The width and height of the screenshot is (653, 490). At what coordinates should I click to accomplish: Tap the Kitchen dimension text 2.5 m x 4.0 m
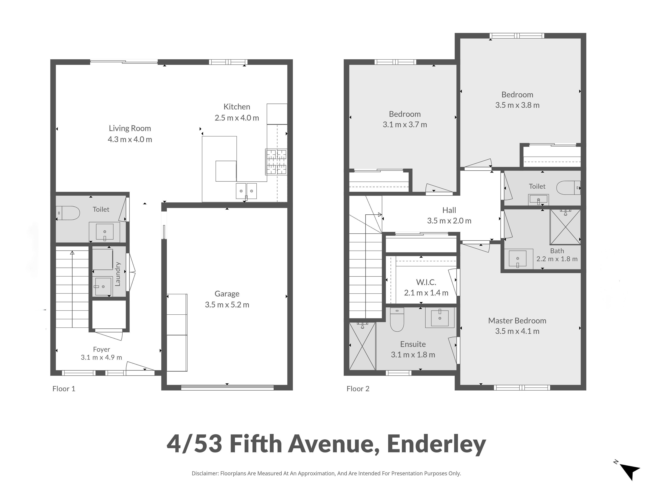coord(237,118)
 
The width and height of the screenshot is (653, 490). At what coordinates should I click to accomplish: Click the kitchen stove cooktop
coord(276,162)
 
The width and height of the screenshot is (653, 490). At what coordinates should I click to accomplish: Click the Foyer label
coord(102,349)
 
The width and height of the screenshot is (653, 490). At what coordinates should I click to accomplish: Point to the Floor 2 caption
coord(358,389)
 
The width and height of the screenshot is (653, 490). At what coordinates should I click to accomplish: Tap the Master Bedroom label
coord(517,321)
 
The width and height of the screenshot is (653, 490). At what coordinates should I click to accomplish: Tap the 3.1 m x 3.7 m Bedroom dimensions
coord(405,125)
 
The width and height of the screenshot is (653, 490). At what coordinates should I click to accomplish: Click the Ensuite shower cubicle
coord(363,346)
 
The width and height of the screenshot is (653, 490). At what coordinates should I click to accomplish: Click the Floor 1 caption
coord(64,389)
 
